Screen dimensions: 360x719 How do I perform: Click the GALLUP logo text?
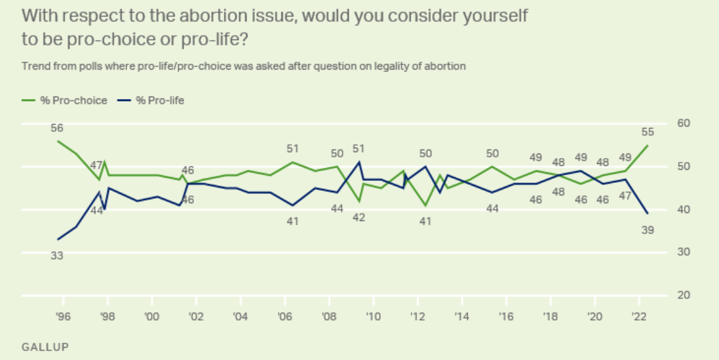tap(45, 345)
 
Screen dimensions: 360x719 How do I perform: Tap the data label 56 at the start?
tap(57, 127)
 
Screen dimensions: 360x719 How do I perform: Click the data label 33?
tap(57, 256)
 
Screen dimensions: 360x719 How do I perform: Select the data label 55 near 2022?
tap(648, 132)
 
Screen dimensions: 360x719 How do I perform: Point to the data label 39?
tap(648, 230)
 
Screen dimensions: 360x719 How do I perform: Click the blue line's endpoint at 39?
tap(648, 214)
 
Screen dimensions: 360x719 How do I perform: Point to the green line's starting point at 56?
tap(58, 141)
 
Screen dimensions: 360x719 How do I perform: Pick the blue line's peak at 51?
tap(359, 162)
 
